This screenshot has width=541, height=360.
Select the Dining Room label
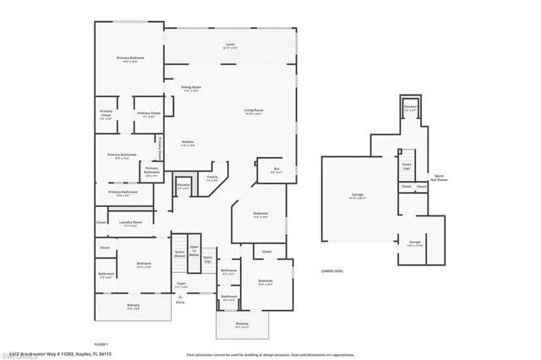coord(191,88)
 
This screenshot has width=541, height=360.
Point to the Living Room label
coord(253,112)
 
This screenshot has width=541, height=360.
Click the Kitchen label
coord(189,144)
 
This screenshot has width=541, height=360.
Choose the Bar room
coord(277,170)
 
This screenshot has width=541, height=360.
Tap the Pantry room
coord(212,178)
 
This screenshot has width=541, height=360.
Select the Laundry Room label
coord(132,225)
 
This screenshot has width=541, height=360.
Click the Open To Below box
coord(194,250)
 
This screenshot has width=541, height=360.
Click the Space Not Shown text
coord(439,178)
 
